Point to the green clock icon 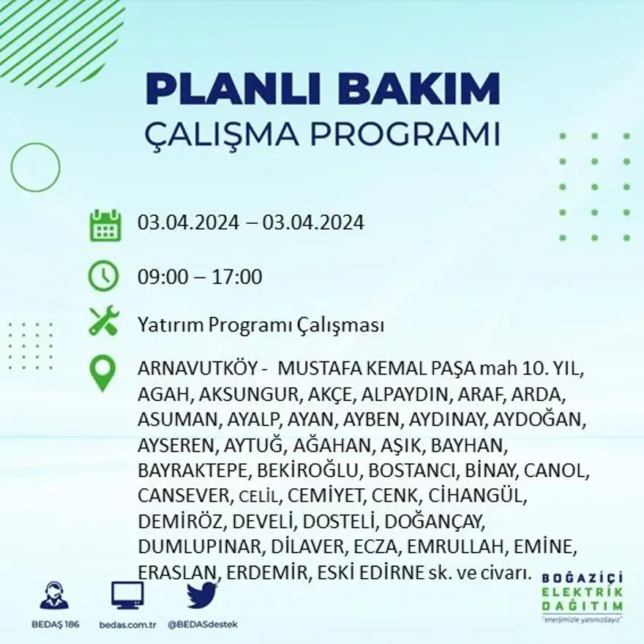click(x=103, y=276)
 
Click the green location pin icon click(x=103, y=372)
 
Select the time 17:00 click(x=237, y=277)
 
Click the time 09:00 click(x=162, y=277)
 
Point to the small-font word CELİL click(x=259, y=497)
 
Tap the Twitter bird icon click(x=202, y=595)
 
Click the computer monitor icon click(x=127, y=595)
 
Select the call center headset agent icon click(x=54, y=596)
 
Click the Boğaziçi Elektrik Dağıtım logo click(x=582, y=594)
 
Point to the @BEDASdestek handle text click(x=203, y=624)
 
